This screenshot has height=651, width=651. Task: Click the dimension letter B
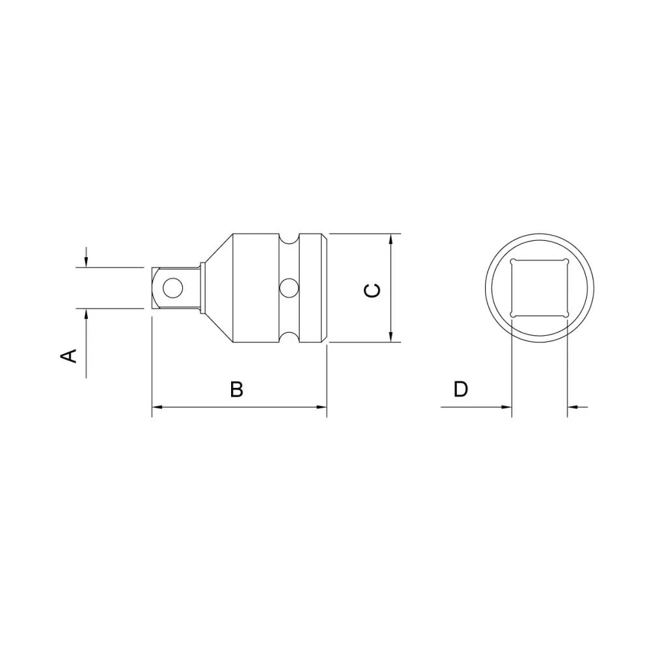coord(237,389)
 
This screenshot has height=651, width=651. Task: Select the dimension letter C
coord(372,290)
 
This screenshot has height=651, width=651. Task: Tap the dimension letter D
coord(461,389)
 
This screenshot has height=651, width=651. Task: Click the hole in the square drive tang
coord(173,286)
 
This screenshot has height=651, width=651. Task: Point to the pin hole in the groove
coord(288,286)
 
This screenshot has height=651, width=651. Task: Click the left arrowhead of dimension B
coord(157,408)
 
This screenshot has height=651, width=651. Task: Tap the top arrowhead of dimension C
coord(391,239)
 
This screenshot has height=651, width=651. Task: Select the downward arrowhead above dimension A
coord(85,262)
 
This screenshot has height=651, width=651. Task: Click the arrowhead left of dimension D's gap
coord(506,408)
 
